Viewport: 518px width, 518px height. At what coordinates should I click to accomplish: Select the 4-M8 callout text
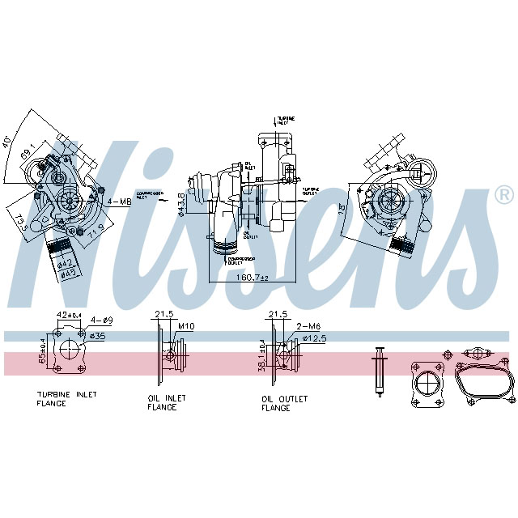pyautogui.click(x=119, y=200)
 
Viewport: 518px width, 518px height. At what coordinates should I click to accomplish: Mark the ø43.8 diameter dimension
pyautogui.click(x=181, y=205)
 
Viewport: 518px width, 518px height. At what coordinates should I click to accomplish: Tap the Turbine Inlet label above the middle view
pyautogui.click(x=285, y=119)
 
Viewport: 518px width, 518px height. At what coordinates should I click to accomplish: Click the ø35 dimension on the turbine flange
pyautogui.click(x=98, y=334)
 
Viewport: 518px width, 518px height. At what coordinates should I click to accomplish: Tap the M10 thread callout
pyautogui.click(x=186, y=326)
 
